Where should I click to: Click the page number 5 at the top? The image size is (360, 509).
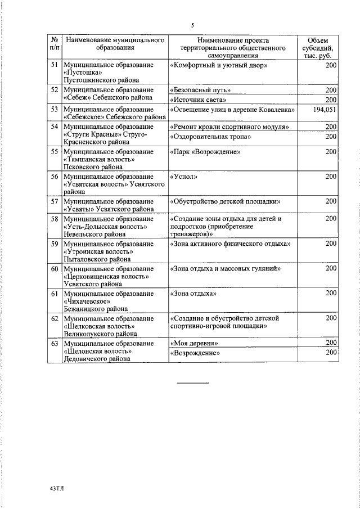[x=193, y=25]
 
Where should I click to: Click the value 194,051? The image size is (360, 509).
[x=325, y=110]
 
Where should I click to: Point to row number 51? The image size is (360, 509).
[x=55, y=66]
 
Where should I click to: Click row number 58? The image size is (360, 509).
[x=55, y=219]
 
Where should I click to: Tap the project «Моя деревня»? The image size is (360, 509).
[x=194, y=343]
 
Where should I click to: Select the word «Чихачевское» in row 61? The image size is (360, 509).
[x=85, y=301]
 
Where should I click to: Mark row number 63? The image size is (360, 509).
[x=55, y=343]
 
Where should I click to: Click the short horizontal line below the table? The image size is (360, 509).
[x=193, y=383]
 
